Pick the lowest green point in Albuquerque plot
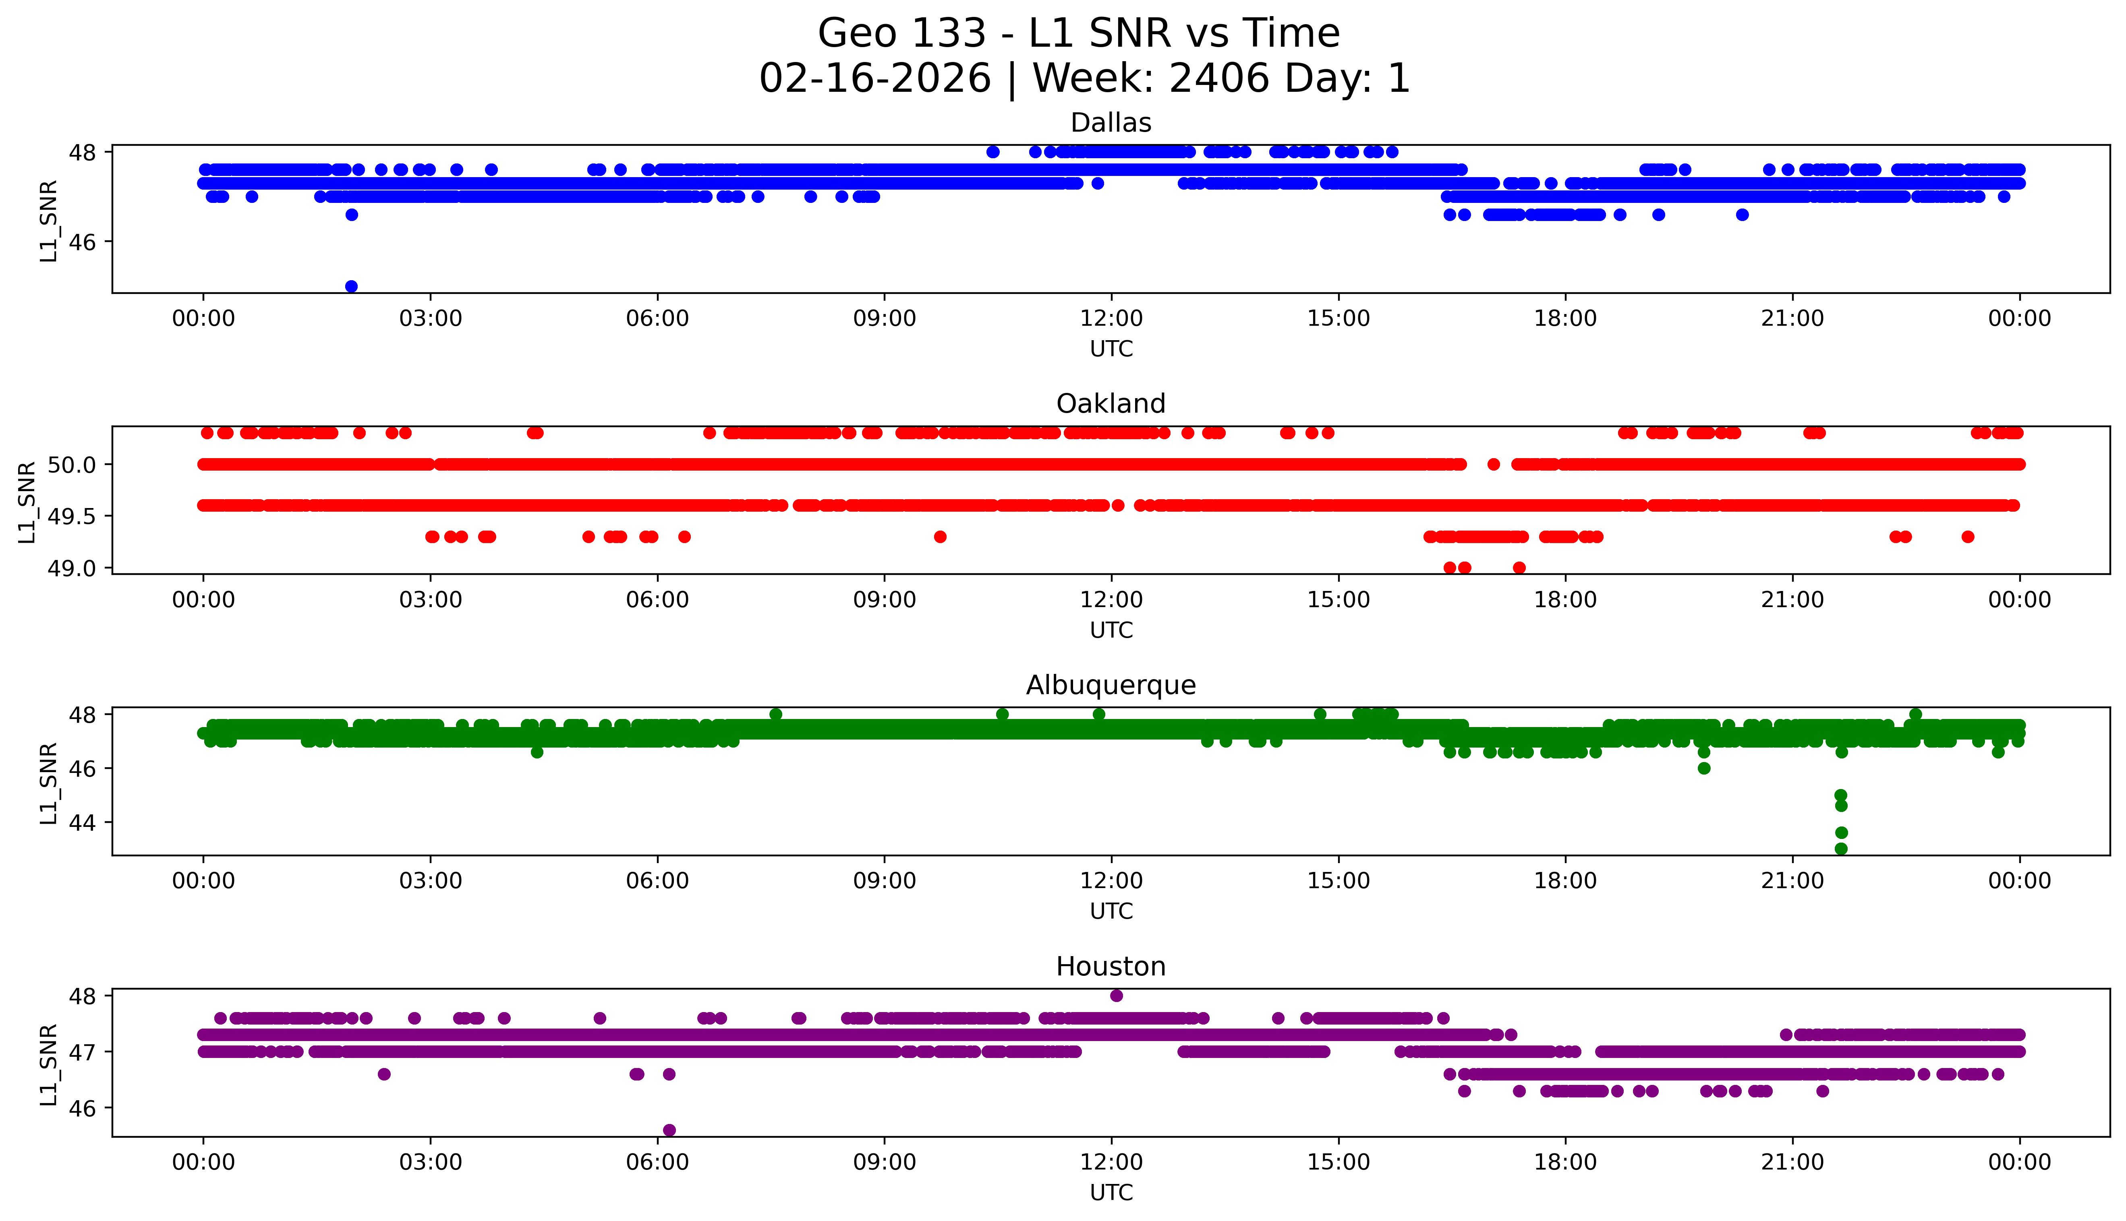click(1841, 849)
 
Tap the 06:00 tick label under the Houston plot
click(657, 1162)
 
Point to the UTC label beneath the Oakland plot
click(1111, 630)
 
